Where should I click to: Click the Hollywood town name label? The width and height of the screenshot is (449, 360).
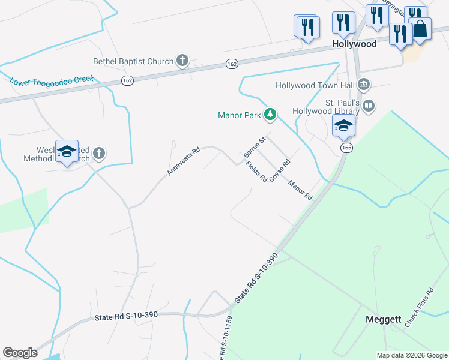click(354, 44)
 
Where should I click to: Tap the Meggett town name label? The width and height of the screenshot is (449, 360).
click(384, 320)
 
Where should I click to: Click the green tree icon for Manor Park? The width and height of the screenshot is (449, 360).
click(271, 114)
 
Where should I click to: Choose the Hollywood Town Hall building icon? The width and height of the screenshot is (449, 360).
click(363, 85)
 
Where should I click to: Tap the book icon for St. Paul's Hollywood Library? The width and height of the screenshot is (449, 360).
click(369, 107)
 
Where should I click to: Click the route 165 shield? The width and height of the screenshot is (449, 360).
click(345, 148)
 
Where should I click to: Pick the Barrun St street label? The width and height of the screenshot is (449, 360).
click(255, 147)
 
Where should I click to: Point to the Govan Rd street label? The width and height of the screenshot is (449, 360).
click(280, 171)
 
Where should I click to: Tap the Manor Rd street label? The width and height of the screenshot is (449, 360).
click(300, 190)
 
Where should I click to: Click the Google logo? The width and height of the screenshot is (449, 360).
click(20, 353)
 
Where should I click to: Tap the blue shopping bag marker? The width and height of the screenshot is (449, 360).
click(420, 29)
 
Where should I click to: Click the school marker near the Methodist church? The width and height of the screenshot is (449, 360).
click(67, 152)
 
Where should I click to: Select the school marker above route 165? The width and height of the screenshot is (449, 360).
click(344, 126)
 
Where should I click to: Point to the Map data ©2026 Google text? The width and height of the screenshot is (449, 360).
click(412, 355)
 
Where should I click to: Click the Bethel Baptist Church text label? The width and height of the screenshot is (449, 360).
click(133, 61)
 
